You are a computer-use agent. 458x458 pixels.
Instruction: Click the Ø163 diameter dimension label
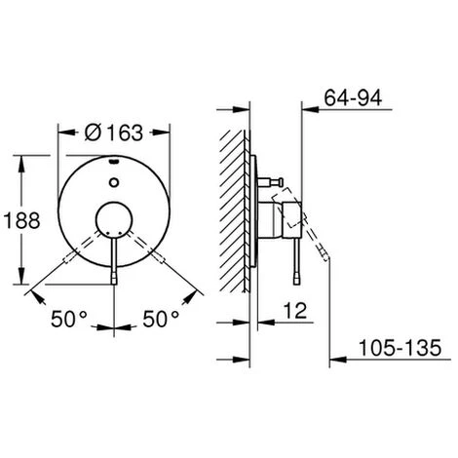(x=114, y=133)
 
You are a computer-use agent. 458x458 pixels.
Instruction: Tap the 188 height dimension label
(x=21, y=220)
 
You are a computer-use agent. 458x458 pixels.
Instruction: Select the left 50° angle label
(x=69, y=319)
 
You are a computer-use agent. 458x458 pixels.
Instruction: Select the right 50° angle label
(x=161, y=319)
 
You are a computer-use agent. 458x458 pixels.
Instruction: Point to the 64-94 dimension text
(x=353, y=97)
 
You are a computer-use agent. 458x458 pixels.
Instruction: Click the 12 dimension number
(x=295, y=311)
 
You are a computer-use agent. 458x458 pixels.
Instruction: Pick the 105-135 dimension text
(x=400, y=348)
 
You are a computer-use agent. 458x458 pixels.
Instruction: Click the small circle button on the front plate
(x=114, y=182)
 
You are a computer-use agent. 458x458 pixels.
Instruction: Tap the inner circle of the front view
(x=114, y=220)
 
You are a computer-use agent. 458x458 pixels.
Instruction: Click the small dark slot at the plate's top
(x=114, y=160)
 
